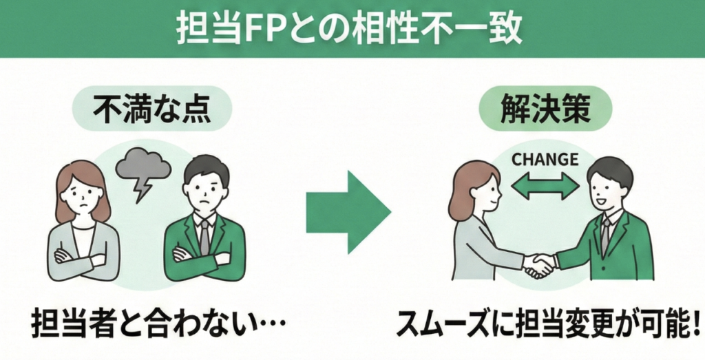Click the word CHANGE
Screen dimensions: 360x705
coord(544,160)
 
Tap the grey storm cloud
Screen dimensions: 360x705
coord(143,164)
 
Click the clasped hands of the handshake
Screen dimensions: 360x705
coord(538,264)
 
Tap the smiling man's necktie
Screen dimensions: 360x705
coord(604,234)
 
